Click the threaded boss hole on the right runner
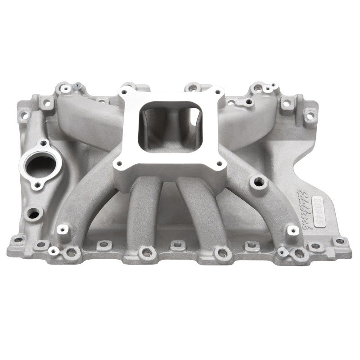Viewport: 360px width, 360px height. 259,182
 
